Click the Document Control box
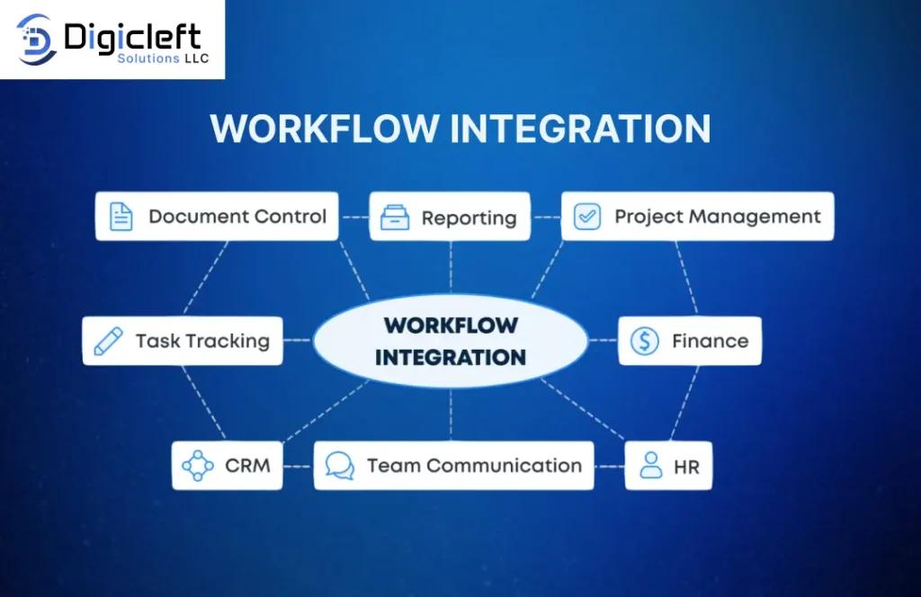(217, 216)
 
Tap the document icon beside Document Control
(121, 217)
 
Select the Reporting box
(450, 217)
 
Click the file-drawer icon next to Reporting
(395, 218)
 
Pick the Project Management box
(697, 216)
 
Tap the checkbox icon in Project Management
(586, 217)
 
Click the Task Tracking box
(183, 341)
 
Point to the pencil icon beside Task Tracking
(109, 341)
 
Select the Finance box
(690, 341)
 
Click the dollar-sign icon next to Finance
(644, 341)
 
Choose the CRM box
(228, 466)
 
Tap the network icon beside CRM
(198, 466)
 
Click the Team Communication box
(453, 466)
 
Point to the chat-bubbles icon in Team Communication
(340, 466)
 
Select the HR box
(668, 466)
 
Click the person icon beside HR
(651, 466)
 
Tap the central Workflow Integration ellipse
(451, 341)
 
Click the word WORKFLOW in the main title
(325, 129)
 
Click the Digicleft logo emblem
(36, 40)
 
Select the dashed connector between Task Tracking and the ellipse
(298, 340)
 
